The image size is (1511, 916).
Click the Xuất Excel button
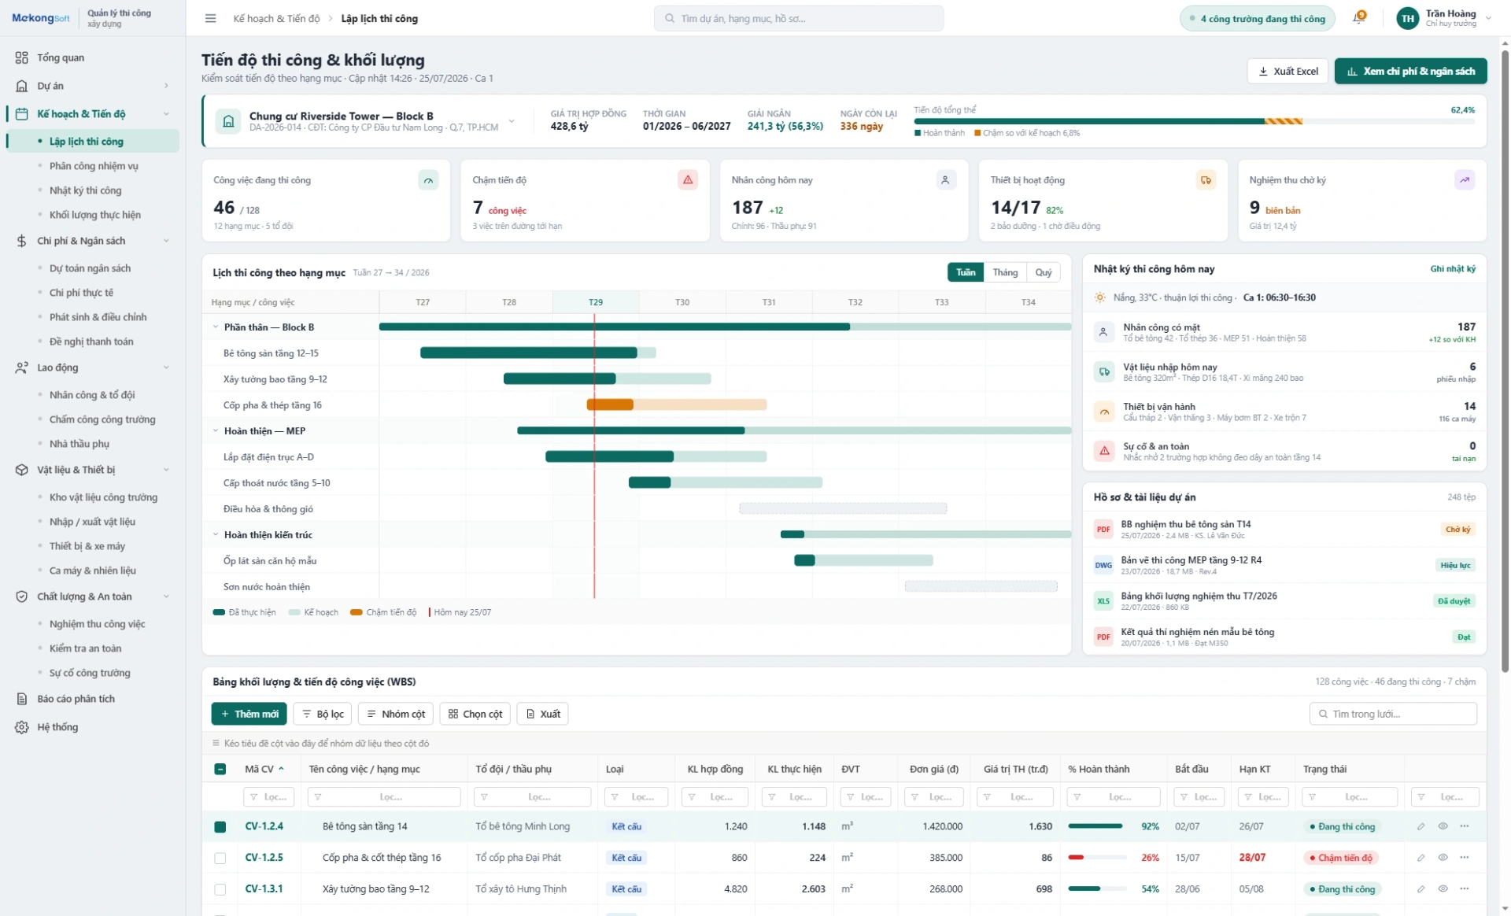[1287, 71]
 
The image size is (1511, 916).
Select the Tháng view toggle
[1005, 272]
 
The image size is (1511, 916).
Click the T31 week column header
[769, 302]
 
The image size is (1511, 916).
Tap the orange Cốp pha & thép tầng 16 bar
[610, 404]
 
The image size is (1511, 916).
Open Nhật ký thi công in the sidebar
[85, 190]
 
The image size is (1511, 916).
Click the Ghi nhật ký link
[1453, 269]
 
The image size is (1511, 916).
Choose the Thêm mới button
[249, 714]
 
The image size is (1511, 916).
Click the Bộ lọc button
[323, 714]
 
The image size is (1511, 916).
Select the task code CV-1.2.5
[264, 858]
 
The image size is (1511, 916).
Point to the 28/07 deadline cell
[1252, 858]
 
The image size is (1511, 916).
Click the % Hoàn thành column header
[1099, 769]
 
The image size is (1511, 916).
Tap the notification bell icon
[1358, 18]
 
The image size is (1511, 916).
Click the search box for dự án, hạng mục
[798, 18]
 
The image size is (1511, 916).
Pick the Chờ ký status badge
[1457, 530]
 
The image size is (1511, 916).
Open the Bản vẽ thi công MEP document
[1191, 560]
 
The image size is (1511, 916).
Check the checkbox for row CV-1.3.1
[220, 889]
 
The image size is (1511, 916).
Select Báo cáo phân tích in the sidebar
[76, 699]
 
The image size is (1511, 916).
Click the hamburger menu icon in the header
[210, 18]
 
